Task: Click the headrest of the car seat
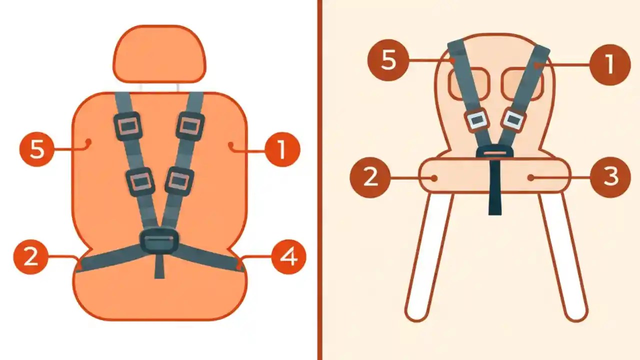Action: click(159, 54)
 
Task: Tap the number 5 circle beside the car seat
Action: click(36, 149)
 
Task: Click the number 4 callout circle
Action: click(288, 257)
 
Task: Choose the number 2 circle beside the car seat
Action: click(30, 257)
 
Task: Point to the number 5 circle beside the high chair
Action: click(388, 61)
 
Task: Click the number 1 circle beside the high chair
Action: click(609, 64)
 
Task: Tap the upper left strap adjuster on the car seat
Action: click(128, 125)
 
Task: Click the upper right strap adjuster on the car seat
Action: click(190, 125)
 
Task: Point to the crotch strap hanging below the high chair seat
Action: click(494, 195)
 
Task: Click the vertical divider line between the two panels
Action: click(319, 180)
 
